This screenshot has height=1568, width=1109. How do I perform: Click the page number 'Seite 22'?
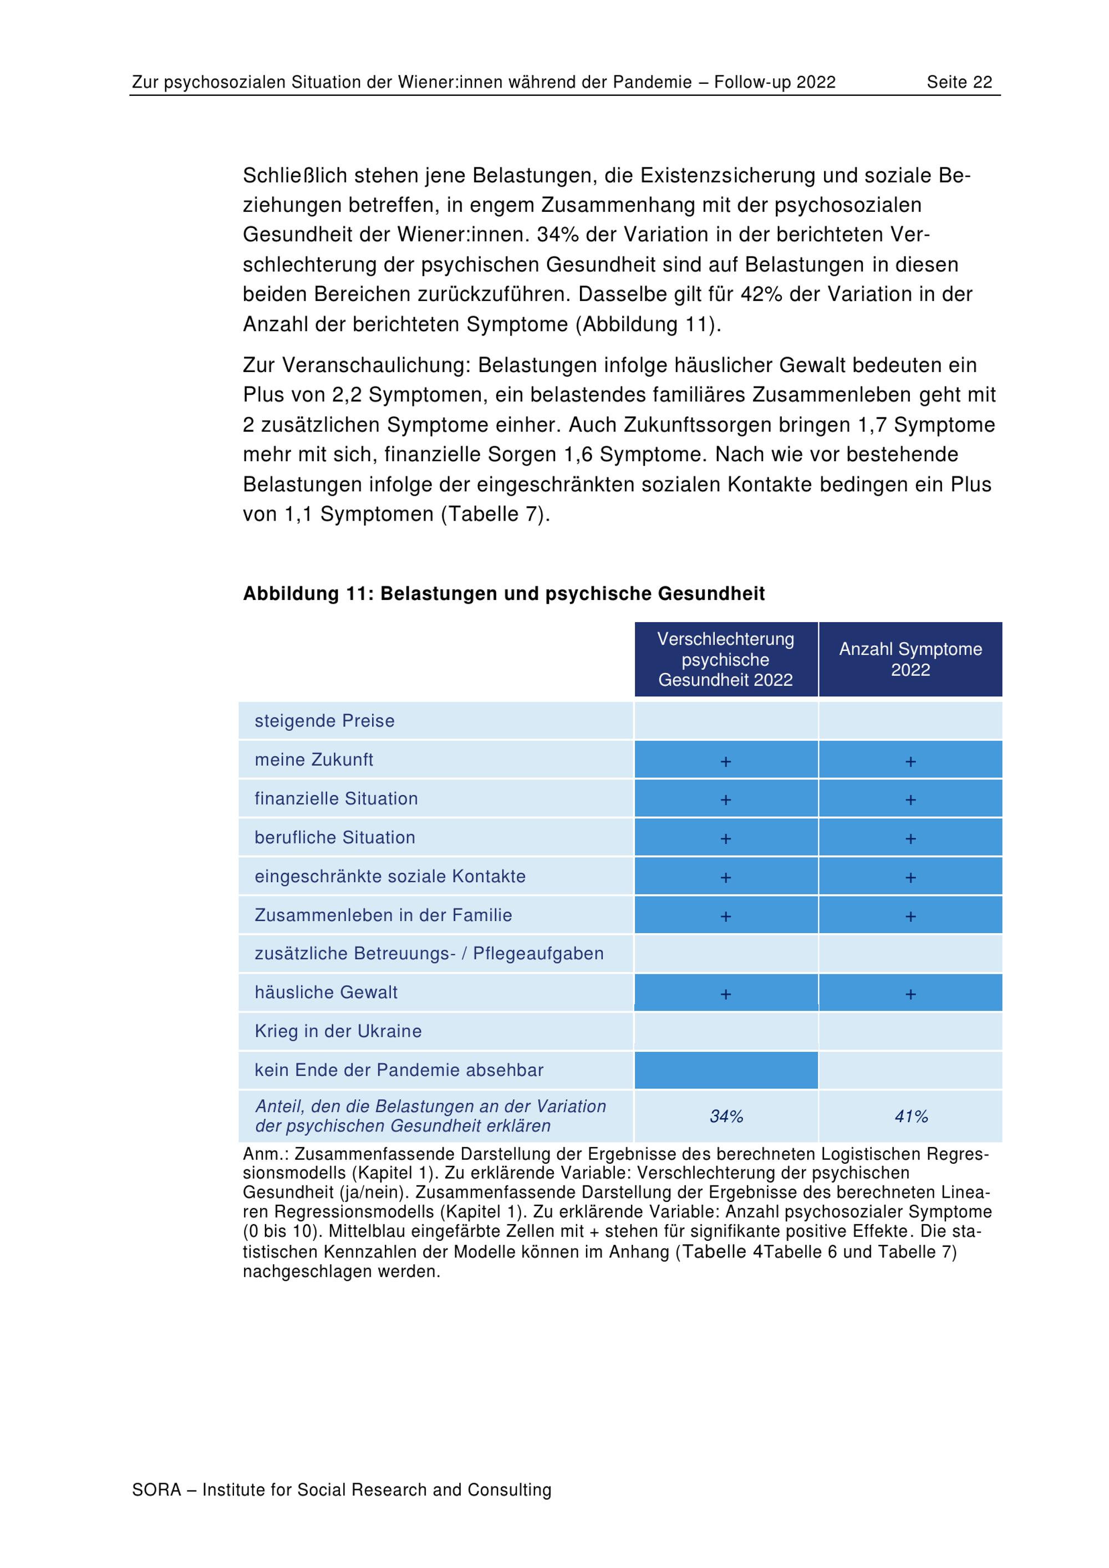(x=959, y=83)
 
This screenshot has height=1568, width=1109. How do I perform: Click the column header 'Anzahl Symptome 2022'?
(x=910, y=659)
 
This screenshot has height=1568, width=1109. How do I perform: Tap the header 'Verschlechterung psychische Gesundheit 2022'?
(x=726, y=659)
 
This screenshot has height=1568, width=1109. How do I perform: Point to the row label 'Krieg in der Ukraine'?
(x=338, y=1031)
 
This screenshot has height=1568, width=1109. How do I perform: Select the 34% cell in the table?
(x=726, y=1117)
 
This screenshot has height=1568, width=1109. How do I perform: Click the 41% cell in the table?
(x=911, y=1117)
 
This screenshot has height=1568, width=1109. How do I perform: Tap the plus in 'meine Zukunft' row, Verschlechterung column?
(x=726, y=761)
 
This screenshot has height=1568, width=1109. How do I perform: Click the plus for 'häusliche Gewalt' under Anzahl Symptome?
(x=910, y=994)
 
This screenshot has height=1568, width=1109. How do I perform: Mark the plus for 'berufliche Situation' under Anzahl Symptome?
(x=910, y=839)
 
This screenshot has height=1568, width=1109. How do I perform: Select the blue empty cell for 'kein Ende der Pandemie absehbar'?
(x=726, y=1070)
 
